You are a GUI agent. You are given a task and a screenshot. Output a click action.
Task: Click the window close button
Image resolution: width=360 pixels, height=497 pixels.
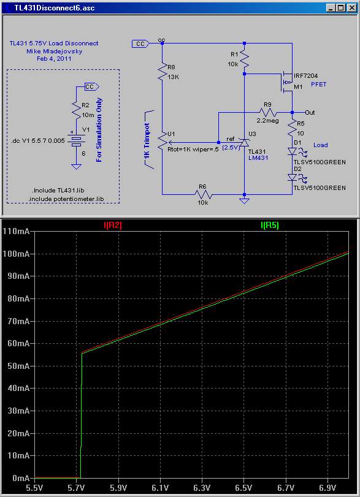[351, 8]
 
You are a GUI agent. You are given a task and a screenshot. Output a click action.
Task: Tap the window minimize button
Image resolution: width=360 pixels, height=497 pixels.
[331, 8]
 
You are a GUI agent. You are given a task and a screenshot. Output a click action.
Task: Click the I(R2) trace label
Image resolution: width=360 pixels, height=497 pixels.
[113, 226]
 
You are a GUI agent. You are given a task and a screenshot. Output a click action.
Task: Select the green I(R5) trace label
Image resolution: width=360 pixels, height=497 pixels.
[270, 226]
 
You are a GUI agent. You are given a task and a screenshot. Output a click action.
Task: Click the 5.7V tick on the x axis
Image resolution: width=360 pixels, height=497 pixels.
[77, 487]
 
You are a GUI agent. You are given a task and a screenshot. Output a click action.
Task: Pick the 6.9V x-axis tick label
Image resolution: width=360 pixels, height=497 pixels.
[327, 487]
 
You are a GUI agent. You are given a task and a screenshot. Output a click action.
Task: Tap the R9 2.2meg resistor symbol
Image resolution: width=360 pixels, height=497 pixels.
[269, 112]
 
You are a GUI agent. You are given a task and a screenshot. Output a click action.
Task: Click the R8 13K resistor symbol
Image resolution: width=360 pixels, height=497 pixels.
[162, 72]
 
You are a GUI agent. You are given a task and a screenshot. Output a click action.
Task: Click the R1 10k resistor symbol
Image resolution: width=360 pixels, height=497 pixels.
[244, 59]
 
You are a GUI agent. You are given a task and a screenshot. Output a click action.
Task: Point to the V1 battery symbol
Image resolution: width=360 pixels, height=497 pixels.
[77, 139]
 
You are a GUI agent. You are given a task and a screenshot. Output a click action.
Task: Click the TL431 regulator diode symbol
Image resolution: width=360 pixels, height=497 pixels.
[244, 143]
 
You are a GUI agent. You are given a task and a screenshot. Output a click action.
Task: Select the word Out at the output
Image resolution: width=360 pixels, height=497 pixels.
[310, 112]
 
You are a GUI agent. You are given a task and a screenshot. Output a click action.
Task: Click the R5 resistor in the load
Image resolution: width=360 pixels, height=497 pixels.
[292, 127]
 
